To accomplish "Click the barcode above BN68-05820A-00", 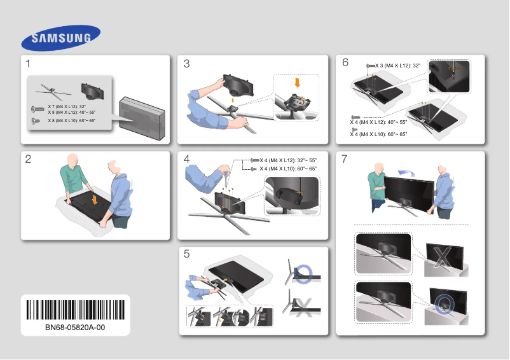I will coord(75,310).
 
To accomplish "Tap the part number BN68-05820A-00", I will coord(75,327).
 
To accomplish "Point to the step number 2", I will coord(29,160).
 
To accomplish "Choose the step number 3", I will coord(186,64).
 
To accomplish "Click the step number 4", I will coord(186,159).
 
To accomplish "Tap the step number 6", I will coord(345,62).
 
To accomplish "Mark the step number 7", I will coord(345,159).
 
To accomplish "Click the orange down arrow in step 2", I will coord(94,199).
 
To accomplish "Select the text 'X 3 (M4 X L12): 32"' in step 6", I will coord(399,66).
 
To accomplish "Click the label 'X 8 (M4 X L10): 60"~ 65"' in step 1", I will coord(71,120).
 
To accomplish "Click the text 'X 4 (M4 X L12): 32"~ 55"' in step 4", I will coord(287,160).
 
